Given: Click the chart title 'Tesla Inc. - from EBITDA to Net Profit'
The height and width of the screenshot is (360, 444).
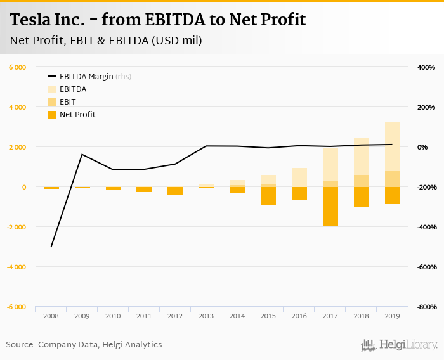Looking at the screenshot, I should click(158, 20).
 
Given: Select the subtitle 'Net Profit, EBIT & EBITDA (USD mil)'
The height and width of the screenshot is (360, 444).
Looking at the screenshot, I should click(106, 41).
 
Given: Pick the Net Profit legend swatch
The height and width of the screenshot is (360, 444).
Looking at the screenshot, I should click(52, 115).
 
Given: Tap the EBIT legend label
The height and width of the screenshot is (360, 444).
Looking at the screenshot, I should click(68, 102).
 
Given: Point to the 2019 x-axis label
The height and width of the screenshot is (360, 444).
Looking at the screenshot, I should click(392, 315).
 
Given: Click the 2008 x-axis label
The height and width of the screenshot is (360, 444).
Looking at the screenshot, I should click(51, 315).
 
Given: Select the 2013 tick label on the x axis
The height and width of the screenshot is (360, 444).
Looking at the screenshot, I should click(206, 315).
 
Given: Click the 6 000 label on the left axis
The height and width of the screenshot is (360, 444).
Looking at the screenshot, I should click(18, 67).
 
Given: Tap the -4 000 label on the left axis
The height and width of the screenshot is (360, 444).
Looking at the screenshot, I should click(16, 267).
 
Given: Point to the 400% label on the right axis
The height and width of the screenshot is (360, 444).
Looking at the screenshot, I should click(426, 67).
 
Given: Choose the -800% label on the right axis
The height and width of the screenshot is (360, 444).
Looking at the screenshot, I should click(425, 307).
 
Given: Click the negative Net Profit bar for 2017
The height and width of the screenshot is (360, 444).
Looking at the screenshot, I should click(330, 207).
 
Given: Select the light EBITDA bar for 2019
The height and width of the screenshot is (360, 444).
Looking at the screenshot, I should click(392, 146).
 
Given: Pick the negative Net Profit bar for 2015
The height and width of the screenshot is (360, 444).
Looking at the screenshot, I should click(268, 196).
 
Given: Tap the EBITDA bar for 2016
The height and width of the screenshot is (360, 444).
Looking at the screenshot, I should click(299, 177).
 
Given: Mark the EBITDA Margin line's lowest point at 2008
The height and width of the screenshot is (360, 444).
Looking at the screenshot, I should click(51, 247).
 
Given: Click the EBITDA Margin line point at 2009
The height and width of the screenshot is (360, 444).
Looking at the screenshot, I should click(82, 154).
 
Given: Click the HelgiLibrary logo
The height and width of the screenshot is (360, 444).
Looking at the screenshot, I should click(400, 345).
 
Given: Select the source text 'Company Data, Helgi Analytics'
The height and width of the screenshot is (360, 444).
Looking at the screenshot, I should click(100, 345).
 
